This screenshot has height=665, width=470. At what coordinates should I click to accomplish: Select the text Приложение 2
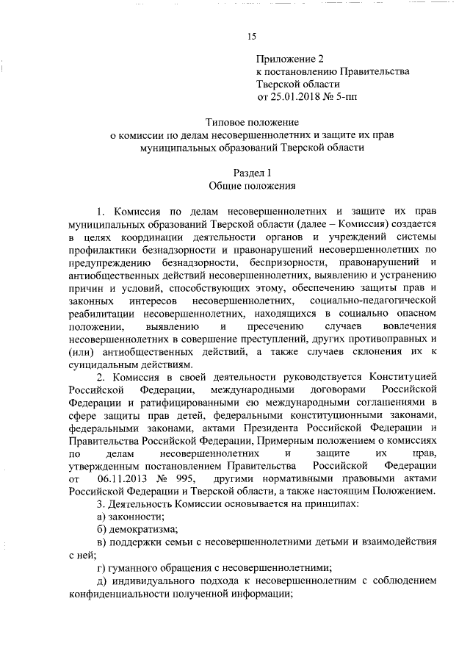tap(289, 58)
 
